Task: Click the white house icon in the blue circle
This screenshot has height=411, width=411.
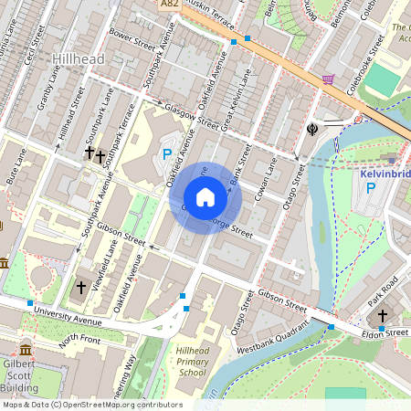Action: pos(205,197)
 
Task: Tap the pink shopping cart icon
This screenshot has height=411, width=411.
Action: pos(327,79)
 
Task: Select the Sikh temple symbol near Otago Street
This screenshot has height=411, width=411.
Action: pos(312,127)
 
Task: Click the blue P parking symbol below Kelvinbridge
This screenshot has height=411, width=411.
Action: pos(370,188)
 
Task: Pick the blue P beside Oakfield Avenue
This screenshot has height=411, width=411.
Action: pos(166,154)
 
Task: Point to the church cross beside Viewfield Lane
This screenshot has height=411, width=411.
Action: pos(80,288)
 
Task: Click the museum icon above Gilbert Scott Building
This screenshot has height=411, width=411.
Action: pos(25,350)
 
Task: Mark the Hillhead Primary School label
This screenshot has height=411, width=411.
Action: pos(192,362)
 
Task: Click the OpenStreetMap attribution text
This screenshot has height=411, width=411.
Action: pos(92,405)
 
